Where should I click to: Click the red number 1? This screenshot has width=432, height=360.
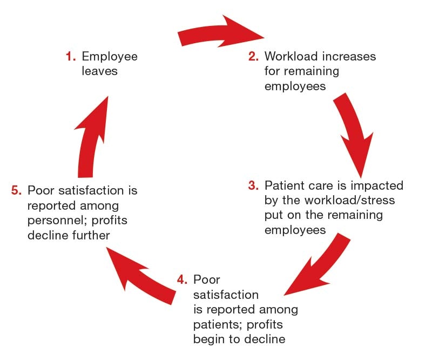[69, 56]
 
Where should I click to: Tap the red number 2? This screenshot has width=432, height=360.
[254, 56]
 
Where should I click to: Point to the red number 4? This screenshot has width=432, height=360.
[182, 281]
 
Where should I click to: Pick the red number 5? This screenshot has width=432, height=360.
[16, 190]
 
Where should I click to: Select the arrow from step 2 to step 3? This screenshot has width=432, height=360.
[353, 130]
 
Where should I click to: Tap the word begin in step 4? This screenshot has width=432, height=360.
[207, 339]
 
